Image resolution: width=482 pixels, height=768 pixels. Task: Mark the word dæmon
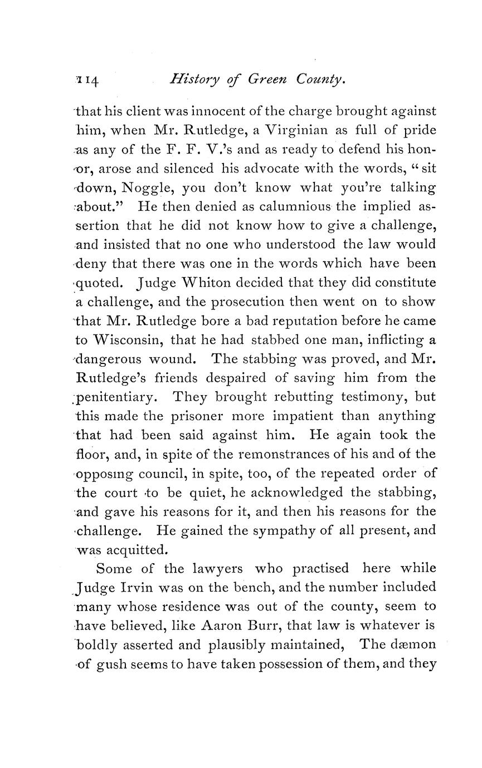[x=411, y=644]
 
